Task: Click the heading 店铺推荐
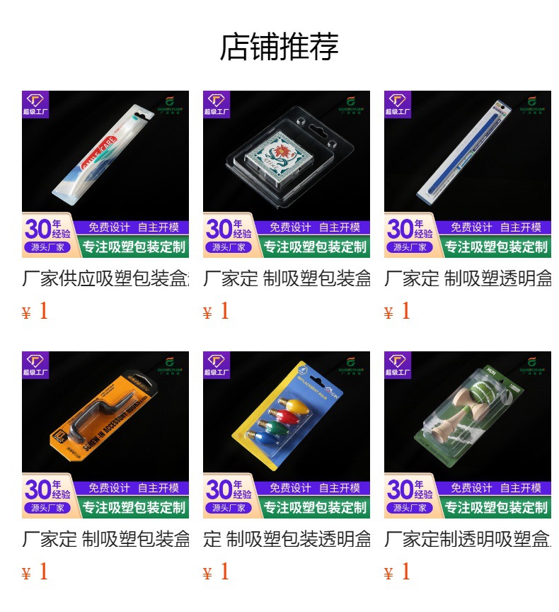[279, 47]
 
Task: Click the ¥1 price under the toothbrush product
[35, 311]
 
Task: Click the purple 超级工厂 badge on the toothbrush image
[35, 103]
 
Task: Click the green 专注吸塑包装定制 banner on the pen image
[496, 247]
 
